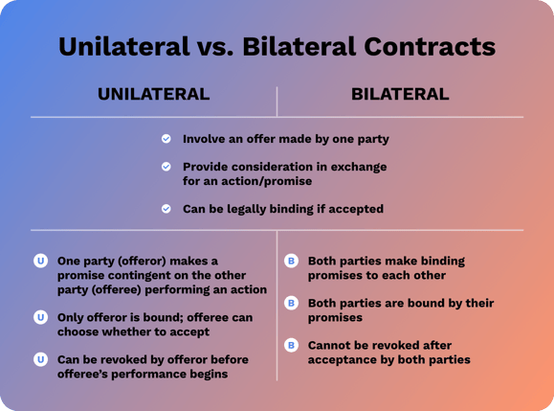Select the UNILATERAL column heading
[153, 94]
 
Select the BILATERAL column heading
[400, 94]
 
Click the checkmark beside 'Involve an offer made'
[166, 139]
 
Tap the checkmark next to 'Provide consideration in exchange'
[166, 166]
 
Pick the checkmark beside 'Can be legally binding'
[166, 208]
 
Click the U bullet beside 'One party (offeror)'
[40, 261]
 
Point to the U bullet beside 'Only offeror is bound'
[40, 316]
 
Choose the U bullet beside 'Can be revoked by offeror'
[40, 359]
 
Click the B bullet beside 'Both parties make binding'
[291, 261]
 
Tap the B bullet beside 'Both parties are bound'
[291, 303]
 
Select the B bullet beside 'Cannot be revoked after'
[291, 345]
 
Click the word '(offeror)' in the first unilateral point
[133, 261]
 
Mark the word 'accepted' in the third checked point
[353, 208]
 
